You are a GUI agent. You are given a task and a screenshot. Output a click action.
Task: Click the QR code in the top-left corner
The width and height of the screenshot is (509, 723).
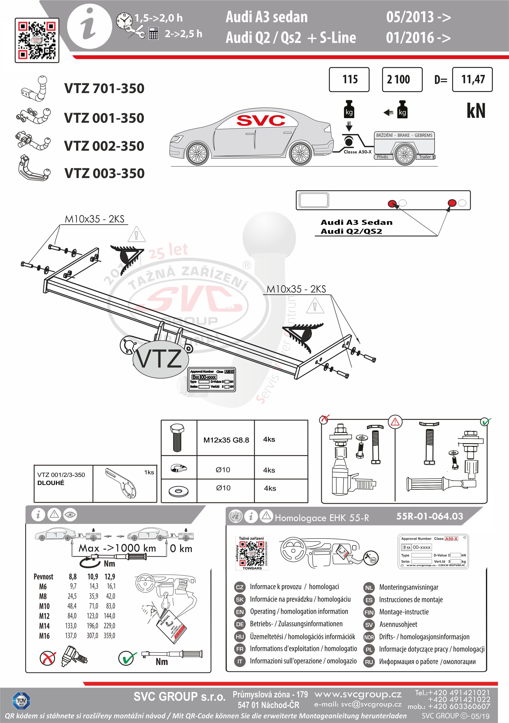37,40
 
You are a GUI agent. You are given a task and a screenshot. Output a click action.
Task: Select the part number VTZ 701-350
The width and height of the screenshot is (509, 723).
104,89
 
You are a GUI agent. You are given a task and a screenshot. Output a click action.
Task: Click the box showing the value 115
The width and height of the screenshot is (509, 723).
349,79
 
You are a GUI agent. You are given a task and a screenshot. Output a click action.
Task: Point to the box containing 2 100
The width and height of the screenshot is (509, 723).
402,79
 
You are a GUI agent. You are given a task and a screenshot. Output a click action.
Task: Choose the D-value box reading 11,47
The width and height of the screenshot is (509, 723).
472,79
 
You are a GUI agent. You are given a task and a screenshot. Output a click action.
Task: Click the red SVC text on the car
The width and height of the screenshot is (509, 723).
261,120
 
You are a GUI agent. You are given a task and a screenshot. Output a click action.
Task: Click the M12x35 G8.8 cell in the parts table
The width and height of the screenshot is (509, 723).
226,440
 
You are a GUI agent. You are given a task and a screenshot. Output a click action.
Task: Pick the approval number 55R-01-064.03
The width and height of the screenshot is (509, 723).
430,516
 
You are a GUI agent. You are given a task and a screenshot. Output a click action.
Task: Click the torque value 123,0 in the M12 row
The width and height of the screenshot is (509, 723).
93,616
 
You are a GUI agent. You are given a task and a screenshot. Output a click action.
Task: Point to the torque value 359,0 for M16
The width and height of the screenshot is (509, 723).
109,635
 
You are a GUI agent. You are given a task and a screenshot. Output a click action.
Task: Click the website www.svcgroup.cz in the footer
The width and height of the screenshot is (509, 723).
358,694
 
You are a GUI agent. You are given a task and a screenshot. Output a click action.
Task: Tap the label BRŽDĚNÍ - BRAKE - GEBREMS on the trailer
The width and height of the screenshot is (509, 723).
404,135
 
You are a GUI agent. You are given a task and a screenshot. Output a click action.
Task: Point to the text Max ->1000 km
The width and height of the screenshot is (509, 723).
117,548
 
